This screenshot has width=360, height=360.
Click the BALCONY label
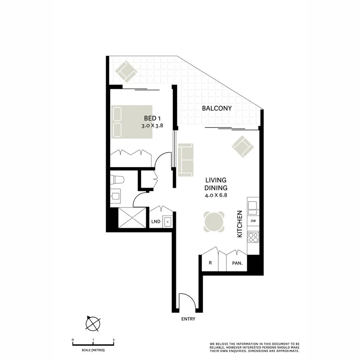click(x=217, y=108)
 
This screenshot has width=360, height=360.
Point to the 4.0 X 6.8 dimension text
click(x=216, y=195)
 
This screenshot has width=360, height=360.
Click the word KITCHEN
click(x=239, y=224)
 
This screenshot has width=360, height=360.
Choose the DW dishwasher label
click(x=253, y=221)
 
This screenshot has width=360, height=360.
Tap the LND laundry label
click(x=156, y=222)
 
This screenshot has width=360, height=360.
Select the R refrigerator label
click(x=211, y=263)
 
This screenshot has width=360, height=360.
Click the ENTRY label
click(x=188, y=319)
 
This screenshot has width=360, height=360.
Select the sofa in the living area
click(x=186, y=160)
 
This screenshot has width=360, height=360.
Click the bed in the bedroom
click(x=131, y=122)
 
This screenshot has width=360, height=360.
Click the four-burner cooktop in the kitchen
click(x=253, y=236)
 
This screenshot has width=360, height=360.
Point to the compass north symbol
click(x=93, y=323)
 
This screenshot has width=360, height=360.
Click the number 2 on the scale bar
click(x=114, y=340)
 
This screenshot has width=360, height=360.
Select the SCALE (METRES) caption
click(x=93, y=350)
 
